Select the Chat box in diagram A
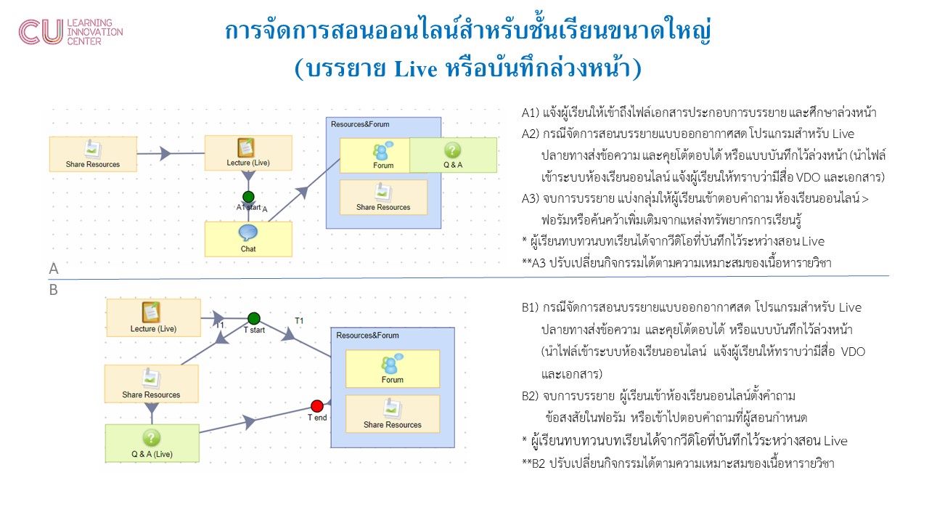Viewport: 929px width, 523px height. pyautogui.click(x=248, y=239)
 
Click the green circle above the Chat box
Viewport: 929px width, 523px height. pyautogui.click(x=248, y=197)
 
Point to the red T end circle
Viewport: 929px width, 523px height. pyautogui.click(x=317, y=405)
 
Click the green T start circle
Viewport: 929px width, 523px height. pyautogui.click(x=254, y=318)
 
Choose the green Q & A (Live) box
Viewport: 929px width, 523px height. pyautogui.click(x=151, y=444)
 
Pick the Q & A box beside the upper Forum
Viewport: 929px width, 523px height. pyautogui.click(x=453, y=155)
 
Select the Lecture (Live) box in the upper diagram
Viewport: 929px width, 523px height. pyautogui.click(x=248, y=153)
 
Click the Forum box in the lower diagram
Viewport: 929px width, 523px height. pyautogui.click(x=393, y=369)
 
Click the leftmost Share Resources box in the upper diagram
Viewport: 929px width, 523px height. pyautogui.click(x=92, y=154)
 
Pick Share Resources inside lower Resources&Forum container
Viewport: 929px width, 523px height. pyautogui.click(x=393, y=414)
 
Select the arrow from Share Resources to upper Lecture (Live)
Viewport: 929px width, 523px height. pyautogui.click(x=165, y=153)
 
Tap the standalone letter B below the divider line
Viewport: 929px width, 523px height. pyautogui.click(x=54, y=289)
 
